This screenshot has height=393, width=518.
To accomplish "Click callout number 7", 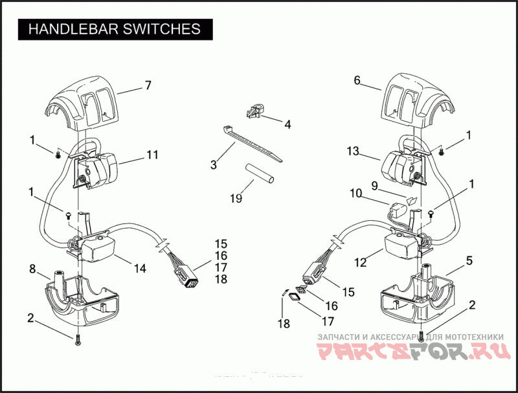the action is point(148,85).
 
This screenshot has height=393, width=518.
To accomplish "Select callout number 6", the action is point(357,80).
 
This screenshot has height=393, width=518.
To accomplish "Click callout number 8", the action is point(32,268).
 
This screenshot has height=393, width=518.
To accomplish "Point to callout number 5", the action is point(469,260).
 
